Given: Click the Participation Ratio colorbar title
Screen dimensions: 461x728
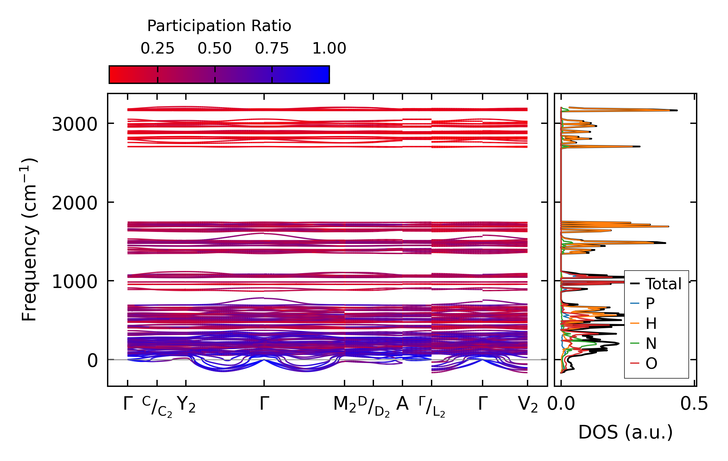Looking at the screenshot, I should click(219, 26).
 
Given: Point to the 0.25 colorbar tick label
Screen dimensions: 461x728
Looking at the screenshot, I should click(157, 48).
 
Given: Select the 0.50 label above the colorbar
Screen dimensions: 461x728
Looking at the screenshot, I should click(215, 48).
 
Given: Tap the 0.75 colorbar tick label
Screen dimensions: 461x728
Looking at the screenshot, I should click(272, 48).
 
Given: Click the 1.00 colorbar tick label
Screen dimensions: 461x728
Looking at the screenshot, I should click(329, 48).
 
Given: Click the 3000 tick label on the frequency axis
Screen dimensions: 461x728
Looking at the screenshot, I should click(74, 124).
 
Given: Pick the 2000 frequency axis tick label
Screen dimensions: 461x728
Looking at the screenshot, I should click(74, 203).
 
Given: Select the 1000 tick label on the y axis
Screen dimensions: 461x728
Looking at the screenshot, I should click(74, 281).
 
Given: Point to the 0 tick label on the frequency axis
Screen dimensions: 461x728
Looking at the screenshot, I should click(92, 361).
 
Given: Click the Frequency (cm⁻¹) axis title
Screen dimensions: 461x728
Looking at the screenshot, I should click(29, 240).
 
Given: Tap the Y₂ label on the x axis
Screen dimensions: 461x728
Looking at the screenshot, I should click(186, 405).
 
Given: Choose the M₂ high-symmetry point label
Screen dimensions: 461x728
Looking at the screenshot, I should click(345, 405).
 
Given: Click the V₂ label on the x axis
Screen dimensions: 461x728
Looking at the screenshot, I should click(528, 405).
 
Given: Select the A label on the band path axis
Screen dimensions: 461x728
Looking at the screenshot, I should click(402, 404).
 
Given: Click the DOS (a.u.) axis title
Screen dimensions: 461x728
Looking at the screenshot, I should click(625, 432).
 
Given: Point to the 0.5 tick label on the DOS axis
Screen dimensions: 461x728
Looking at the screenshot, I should click(694, 404).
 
